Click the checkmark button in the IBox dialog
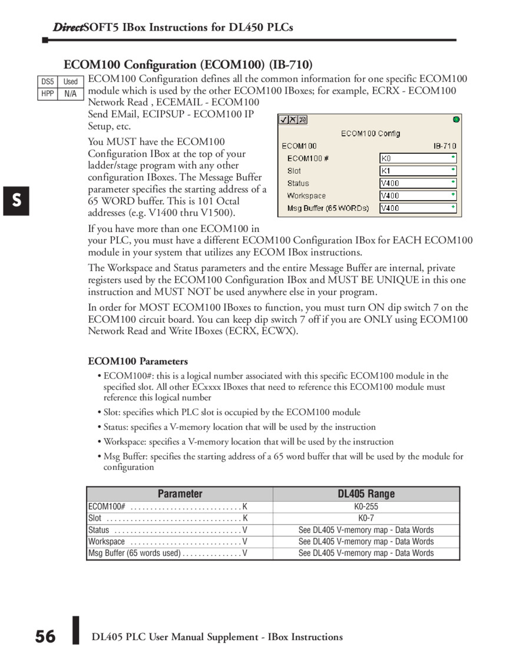[284, 120]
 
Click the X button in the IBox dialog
[293, 120]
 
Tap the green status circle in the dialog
[456, 120]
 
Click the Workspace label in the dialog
[306, 196]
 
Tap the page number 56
[45, 637]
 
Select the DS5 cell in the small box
[47, 82]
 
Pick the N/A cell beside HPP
[71, 94]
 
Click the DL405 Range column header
[366, 494]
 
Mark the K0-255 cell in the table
[366, 506]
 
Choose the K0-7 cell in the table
[366, 518]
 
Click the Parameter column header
[180, 494]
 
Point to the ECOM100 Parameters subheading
[138, 361]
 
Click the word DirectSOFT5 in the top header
[82, 27]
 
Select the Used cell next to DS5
[71, 82]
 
